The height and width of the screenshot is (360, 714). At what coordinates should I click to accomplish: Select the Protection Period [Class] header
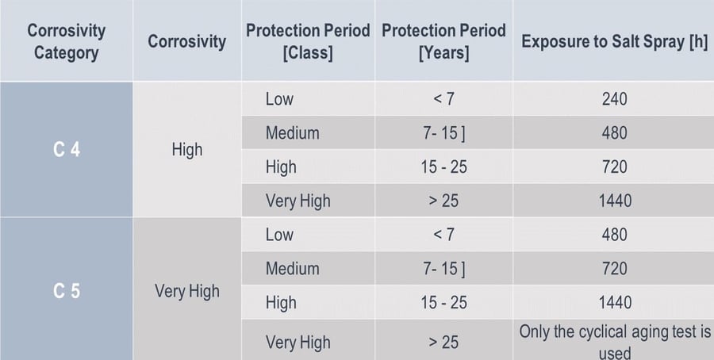(308, 42)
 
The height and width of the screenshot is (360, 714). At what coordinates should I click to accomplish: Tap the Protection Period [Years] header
(443, 42)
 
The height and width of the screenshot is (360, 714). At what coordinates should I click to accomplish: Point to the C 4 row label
(67, 149)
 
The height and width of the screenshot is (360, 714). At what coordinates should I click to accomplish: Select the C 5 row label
(67, 291)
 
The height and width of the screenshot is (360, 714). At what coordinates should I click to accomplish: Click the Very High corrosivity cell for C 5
(187, 291)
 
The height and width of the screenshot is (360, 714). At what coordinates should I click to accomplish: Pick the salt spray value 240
(613, 99)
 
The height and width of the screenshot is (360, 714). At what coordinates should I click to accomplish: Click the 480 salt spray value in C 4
(613, 133)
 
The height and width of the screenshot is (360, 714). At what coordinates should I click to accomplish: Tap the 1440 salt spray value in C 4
(613, 201)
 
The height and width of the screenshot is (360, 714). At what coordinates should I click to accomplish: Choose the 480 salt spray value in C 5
(613, 235)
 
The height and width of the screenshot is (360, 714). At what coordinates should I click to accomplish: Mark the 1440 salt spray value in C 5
(613, 302)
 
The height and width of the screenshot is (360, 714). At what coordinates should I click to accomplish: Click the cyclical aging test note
(614, 342)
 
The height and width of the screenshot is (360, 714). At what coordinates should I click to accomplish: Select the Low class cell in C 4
(279, 99)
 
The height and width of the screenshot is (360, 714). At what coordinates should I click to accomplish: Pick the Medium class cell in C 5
(292, 269)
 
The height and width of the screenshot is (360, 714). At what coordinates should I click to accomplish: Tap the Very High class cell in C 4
(297, 201)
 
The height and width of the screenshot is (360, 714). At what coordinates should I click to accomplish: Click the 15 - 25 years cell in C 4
(443, 167)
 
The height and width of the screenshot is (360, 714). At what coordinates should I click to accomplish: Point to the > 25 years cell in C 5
(443, 343)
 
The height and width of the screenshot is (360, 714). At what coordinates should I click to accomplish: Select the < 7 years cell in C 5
(443, 235)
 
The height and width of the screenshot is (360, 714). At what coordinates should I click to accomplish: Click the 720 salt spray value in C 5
(613, 269)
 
